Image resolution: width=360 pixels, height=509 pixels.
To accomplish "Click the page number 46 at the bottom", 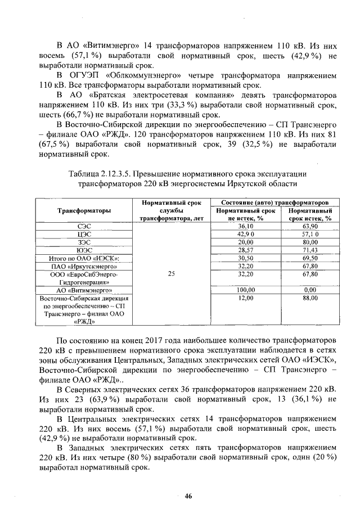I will click(x=188, y=495).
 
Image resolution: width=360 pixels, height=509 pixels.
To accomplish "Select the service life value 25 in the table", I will click(x=172, y=273).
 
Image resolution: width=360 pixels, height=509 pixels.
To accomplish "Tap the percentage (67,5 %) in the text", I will click(x=53, y=144).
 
